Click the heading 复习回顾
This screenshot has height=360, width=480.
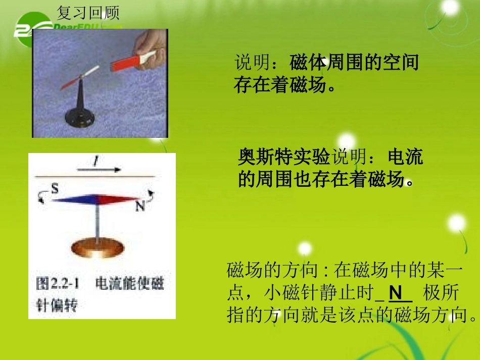(x=88, y=12)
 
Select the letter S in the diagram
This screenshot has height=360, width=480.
(x=55, y=189)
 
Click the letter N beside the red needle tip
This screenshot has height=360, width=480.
(x=140, y=206)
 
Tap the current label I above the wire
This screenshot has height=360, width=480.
(x=94, y=161)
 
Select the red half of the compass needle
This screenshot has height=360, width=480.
(x=119, y=199)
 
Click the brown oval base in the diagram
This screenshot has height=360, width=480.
(x=96, y=247)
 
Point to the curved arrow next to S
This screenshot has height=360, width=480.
(x=41, y=198)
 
